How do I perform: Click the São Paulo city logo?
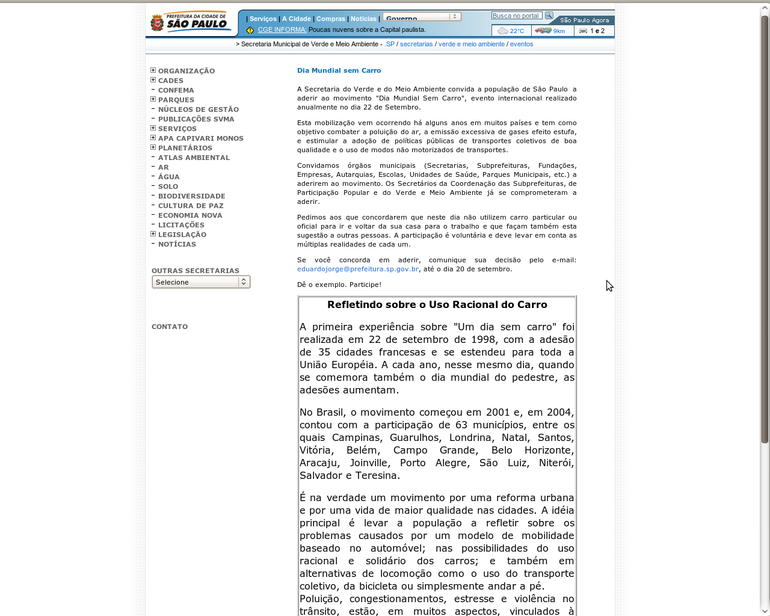[x=190, y=22]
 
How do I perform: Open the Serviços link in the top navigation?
[x=263, y=19]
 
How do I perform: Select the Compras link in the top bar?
[x=331, y=19]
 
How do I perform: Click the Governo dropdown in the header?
[x=422, y=17]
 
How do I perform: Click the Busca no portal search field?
[x=516, y=16]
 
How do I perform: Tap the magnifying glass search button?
[x=549, y=16]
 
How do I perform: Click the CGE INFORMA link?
[x=282, y=29]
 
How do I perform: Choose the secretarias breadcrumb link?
[x=416, y=44]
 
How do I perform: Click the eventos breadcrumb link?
[x=522, y=44]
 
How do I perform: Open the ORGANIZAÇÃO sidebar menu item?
[x=186, y=71]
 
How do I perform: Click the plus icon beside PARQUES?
[x=153, y=99]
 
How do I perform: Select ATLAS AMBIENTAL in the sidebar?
[x=194, y=158]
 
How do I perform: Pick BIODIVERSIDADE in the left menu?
[x=191, y=196]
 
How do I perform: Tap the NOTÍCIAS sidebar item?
[x=177, y=244]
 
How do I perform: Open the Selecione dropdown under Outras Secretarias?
[x=201, y=282]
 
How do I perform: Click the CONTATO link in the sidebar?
[x=170, y=327]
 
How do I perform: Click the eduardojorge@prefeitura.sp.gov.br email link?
[x=358, y=269]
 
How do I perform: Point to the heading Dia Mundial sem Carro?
[x=339, y=70]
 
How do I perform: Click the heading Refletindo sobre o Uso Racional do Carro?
[x=437, y=305]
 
